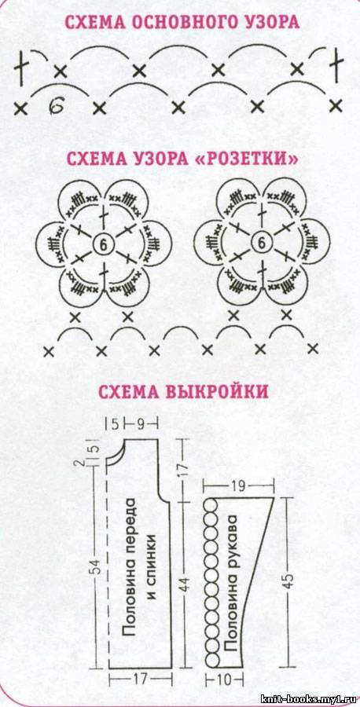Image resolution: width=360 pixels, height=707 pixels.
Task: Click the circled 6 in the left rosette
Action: (102, 244)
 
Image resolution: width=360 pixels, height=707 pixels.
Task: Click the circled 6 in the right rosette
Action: (261, 244)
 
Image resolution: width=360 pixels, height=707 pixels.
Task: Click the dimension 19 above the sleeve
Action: (239, 486)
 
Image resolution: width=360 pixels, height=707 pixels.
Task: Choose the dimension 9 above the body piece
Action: (141, 424)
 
